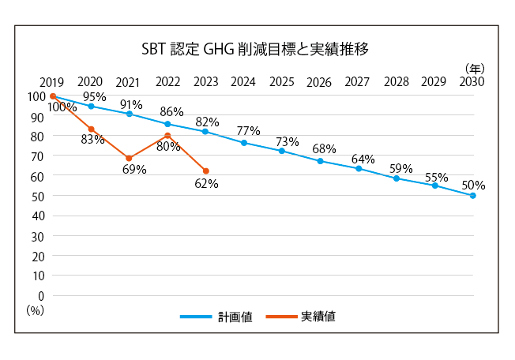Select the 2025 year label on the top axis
point(281,81)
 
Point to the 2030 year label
point(472,81)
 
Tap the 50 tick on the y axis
point(37,196)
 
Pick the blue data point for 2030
point(473,195)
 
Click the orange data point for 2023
point(205,171)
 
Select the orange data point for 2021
point(129,158)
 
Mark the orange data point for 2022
point(167,135)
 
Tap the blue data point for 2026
point(320,161)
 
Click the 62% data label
point(206,184)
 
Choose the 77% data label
point(248,130)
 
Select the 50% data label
point(474,186)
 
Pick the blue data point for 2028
point(397,178)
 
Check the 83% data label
point(92,140)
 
